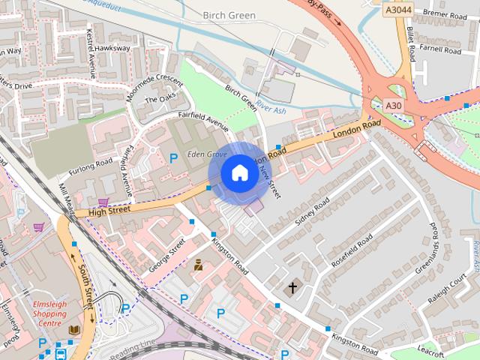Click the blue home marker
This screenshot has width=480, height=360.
[239, 172]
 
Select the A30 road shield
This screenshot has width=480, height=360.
[393, 106]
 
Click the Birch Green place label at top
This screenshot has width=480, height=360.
[229, 14]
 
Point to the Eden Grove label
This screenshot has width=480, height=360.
[207, 154]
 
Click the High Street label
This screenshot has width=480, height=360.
[109, 211]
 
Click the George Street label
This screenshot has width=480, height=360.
[166, 256]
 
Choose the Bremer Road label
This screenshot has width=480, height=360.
[445, 15]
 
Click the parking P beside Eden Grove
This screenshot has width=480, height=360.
[174, 158]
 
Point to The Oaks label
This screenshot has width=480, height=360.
[159, 100]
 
